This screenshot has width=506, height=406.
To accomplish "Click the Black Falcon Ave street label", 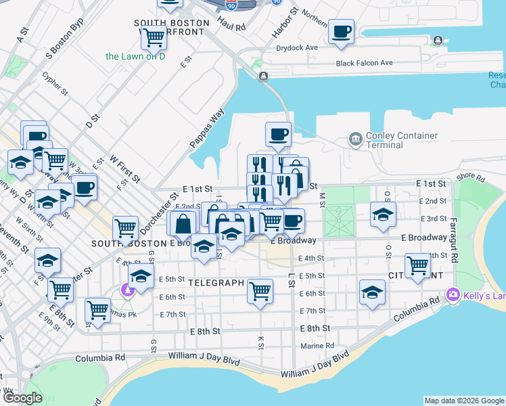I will pyautogui.click(x=364, y=63).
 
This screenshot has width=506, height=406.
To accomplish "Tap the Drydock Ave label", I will pyautogui.click(x=297, y=48).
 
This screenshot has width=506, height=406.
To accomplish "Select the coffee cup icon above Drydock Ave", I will pyautogui.click(x=342, y=32).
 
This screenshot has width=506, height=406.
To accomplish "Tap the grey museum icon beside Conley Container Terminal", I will pyautogui.click(x=355, y=139).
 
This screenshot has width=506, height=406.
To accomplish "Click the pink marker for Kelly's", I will pyautogui.click(x=453, y=294).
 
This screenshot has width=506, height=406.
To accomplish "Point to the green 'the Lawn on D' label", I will pyautogui.click(x=135, y=56).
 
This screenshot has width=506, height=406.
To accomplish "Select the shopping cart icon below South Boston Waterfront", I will pyautogui.click(x=154, y=38).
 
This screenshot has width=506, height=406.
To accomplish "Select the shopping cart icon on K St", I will pyautogui.click(x=260, y=292).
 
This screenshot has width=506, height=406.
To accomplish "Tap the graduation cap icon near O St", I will pyautogui.click(x=383, y=215).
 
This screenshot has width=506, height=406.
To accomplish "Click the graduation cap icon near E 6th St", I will pyautogui.click(x=372, y=292).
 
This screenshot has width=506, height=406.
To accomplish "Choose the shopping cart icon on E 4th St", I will pyautogui.click(x=417, y=265).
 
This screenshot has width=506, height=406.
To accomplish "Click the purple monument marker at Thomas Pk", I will pyautogui.click(x=127, y=290).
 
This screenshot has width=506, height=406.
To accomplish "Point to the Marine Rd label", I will pyautogui.click(x=317, y=346).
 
